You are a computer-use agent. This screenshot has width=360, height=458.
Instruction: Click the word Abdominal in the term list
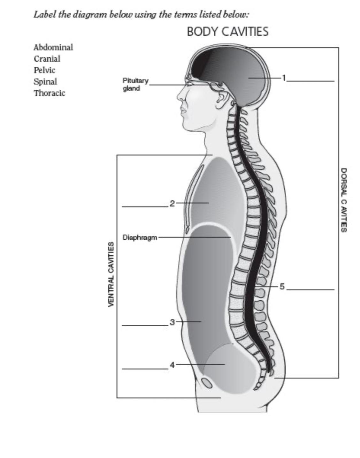tap(53, 47)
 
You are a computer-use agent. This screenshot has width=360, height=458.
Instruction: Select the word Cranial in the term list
tap(47, 59)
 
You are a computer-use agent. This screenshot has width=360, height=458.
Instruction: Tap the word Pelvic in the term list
tap(44, 70)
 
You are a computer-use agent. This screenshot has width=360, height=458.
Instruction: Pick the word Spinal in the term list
tap(45, 82)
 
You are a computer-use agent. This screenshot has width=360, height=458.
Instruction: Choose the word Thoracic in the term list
tap(49, 93)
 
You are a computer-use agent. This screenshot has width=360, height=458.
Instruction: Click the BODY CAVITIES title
tap(227, 32)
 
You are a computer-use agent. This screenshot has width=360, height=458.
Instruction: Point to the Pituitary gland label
tap(135, 84)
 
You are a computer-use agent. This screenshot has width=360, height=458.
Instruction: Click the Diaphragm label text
tap(140, 237)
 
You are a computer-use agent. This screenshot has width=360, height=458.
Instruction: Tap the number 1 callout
tap(284, 78)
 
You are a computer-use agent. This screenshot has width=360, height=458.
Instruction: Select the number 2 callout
tap(172, 203)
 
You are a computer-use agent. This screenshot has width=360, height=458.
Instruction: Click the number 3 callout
tap(172, 322)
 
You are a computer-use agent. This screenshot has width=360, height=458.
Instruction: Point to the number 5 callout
tap(282, 287)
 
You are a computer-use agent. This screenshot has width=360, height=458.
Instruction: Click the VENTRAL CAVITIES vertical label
tap(111, 274)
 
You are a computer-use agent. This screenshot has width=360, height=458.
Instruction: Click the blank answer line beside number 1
tap(310, 81)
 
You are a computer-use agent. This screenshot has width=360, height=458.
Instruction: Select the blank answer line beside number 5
tap(310, 290)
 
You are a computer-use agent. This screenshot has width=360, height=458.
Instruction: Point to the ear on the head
tap(221, 98)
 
